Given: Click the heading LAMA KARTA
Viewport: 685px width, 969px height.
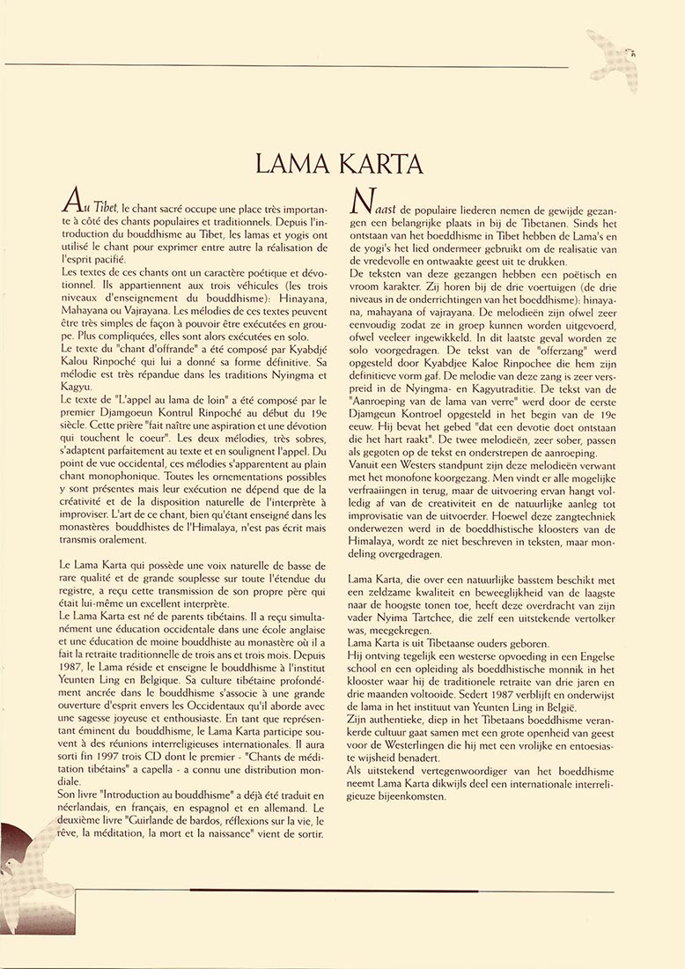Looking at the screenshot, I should click(x=339, y=165).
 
